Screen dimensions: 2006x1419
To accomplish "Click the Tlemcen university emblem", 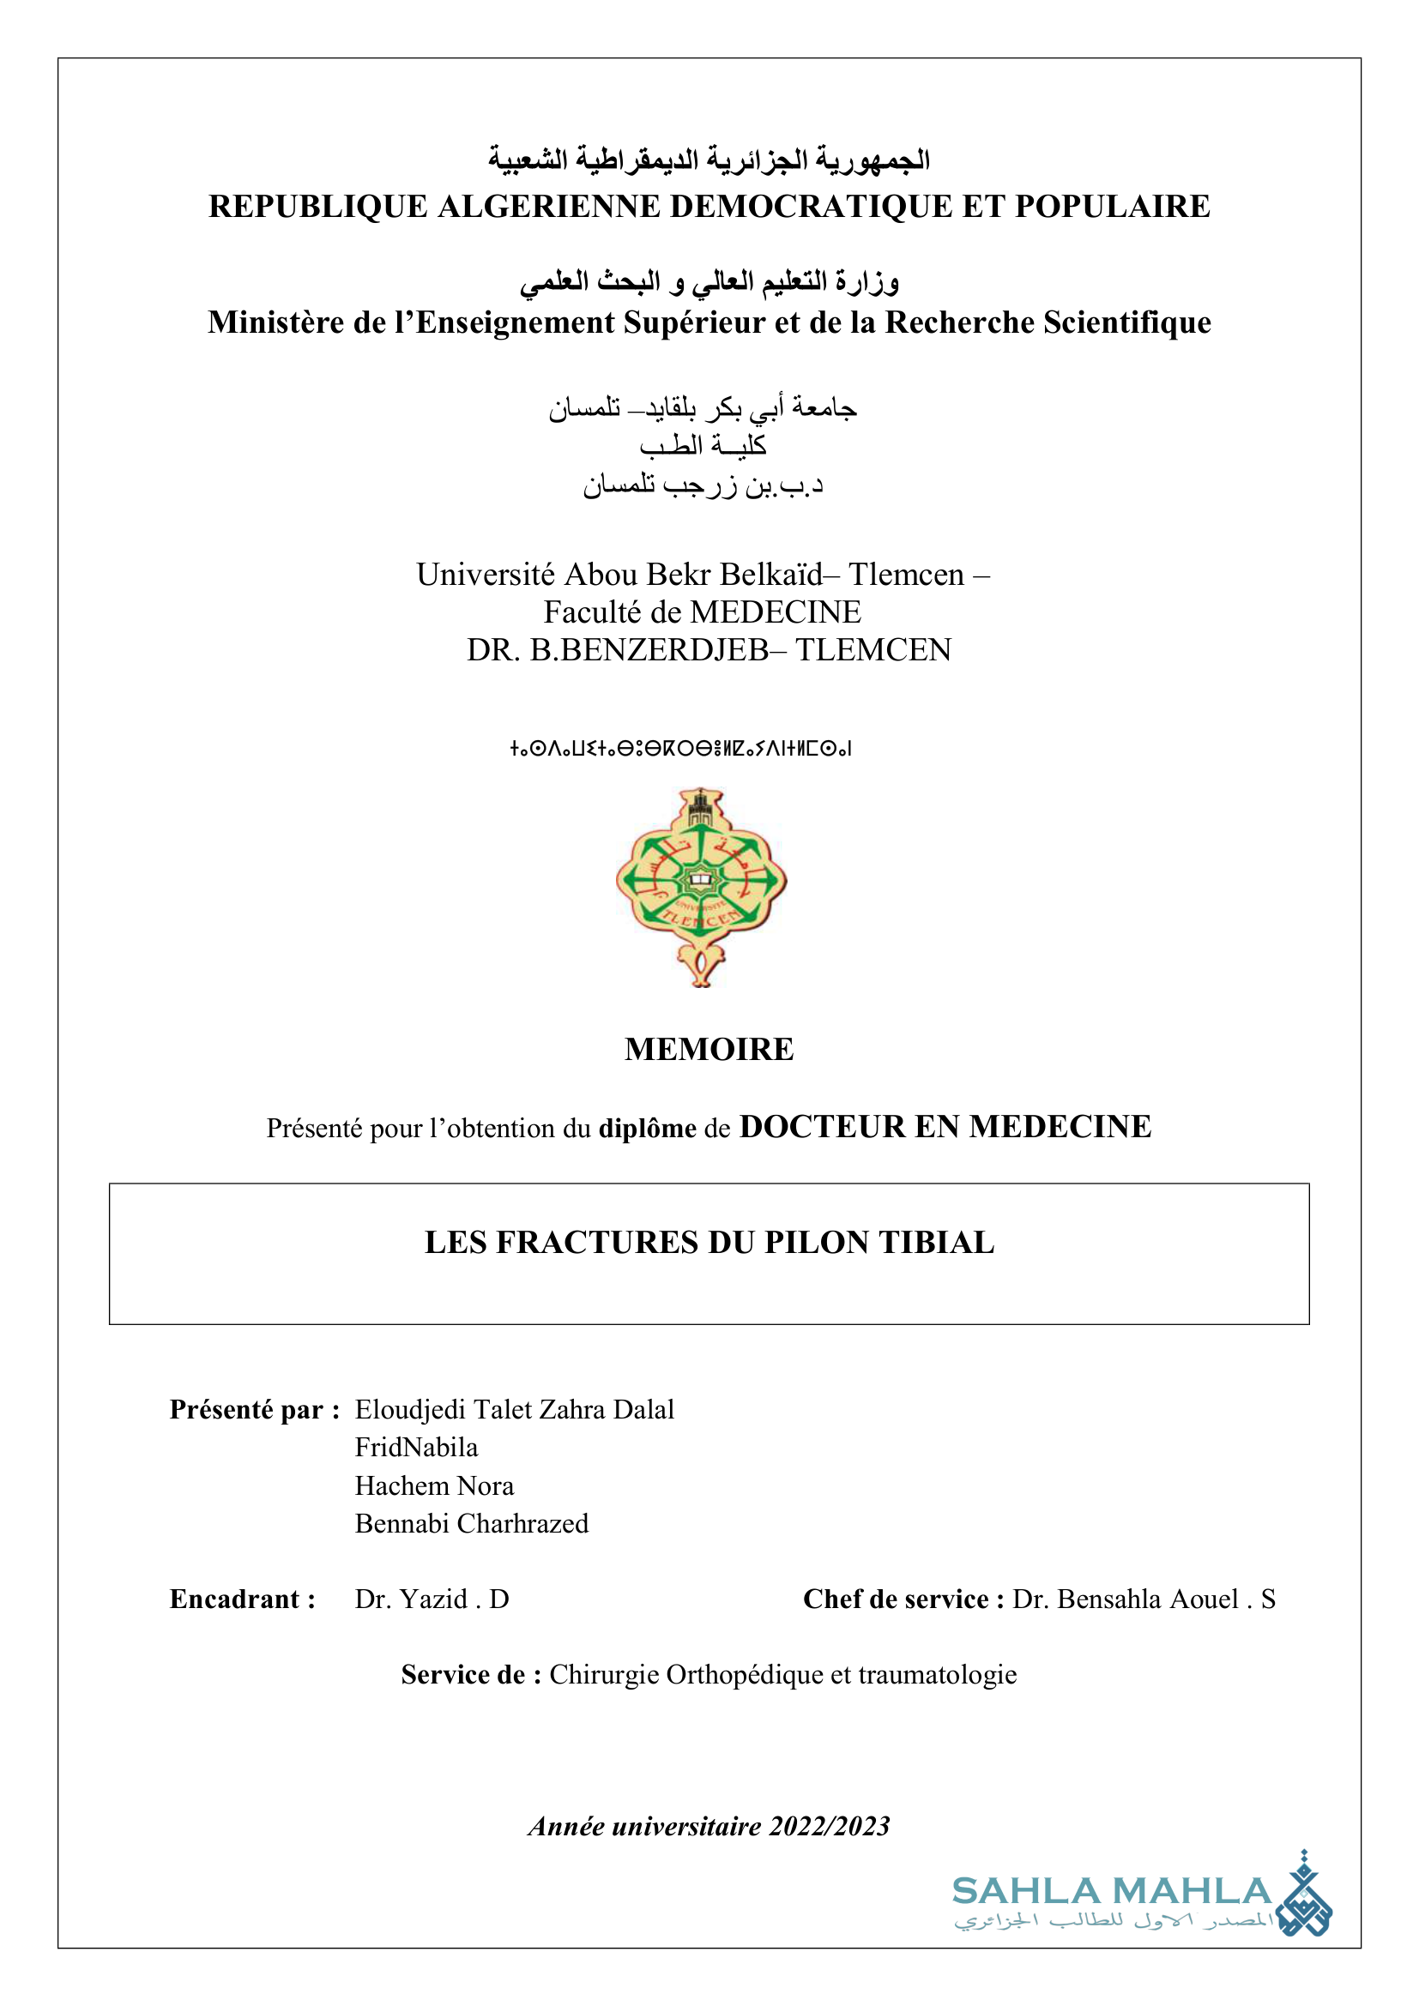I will tap(701, 886).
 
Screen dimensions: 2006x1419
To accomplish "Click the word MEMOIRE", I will tap(709, 1049).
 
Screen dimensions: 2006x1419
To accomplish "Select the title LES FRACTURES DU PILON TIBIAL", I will tap(709, 1243).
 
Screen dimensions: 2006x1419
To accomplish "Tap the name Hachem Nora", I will tap(434, 1485).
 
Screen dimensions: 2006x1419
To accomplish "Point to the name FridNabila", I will tap(416, 1448).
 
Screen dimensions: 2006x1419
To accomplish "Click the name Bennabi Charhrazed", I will tap(471, 1523).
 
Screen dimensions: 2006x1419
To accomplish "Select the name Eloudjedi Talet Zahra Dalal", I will tap(514, 1409).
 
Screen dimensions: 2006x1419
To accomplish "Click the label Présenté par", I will tap(254, 1409).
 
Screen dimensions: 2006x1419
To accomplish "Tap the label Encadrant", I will tap(242, 1599).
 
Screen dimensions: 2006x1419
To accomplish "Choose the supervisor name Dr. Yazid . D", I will tap(432, 1599).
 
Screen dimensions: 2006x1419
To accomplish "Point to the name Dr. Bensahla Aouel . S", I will tap(1144, 1599).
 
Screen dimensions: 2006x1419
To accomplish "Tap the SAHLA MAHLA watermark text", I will tap(1111, 1891).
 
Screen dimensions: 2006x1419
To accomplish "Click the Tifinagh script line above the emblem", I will tap(679, 748).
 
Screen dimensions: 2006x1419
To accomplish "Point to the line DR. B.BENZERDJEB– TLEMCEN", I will tap(709, 650).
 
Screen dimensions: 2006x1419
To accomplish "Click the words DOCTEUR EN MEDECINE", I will tap(945, 1127).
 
